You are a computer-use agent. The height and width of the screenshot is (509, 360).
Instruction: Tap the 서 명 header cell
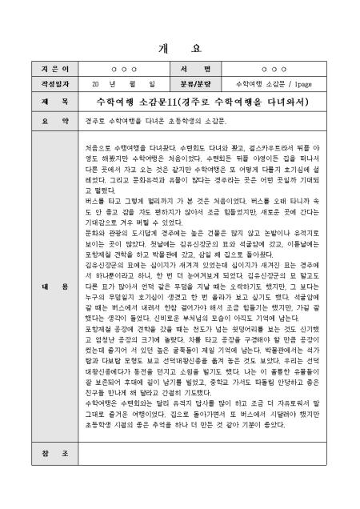206,70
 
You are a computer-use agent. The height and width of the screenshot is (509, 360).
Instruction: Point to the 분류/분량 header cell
206,82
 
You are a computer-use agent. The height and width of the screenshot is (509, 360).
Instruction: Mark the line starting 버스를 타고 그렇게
203,201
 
